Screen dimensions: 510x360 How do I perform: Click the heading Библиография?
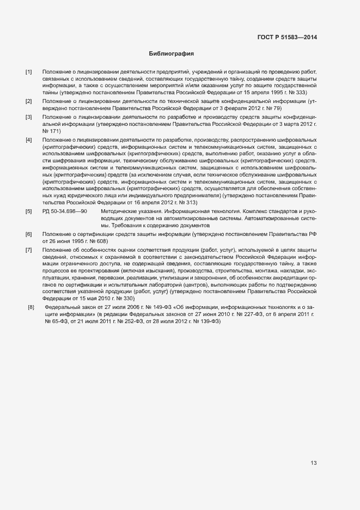point(171,54)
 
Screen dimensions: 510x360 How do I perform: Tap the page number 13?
point(313,463)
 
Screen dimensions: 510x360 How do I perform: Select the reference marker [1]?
point(29,72)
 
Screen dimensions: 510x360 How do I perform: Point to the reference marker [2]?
point(29,102)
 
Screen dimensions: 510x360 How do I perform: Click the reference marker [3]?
point(29,118)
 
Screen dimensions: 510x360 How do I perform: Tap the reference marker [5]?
point(29,210)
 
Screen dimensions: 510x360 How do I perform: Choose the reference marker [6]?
point(29,234)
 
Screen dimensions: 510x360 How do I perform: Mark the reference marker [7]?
point(29,250)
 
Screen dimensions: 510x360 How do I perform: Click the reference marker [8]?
point(30,308)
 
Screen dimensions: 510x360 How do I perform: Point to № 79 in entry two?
point(273,108)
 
